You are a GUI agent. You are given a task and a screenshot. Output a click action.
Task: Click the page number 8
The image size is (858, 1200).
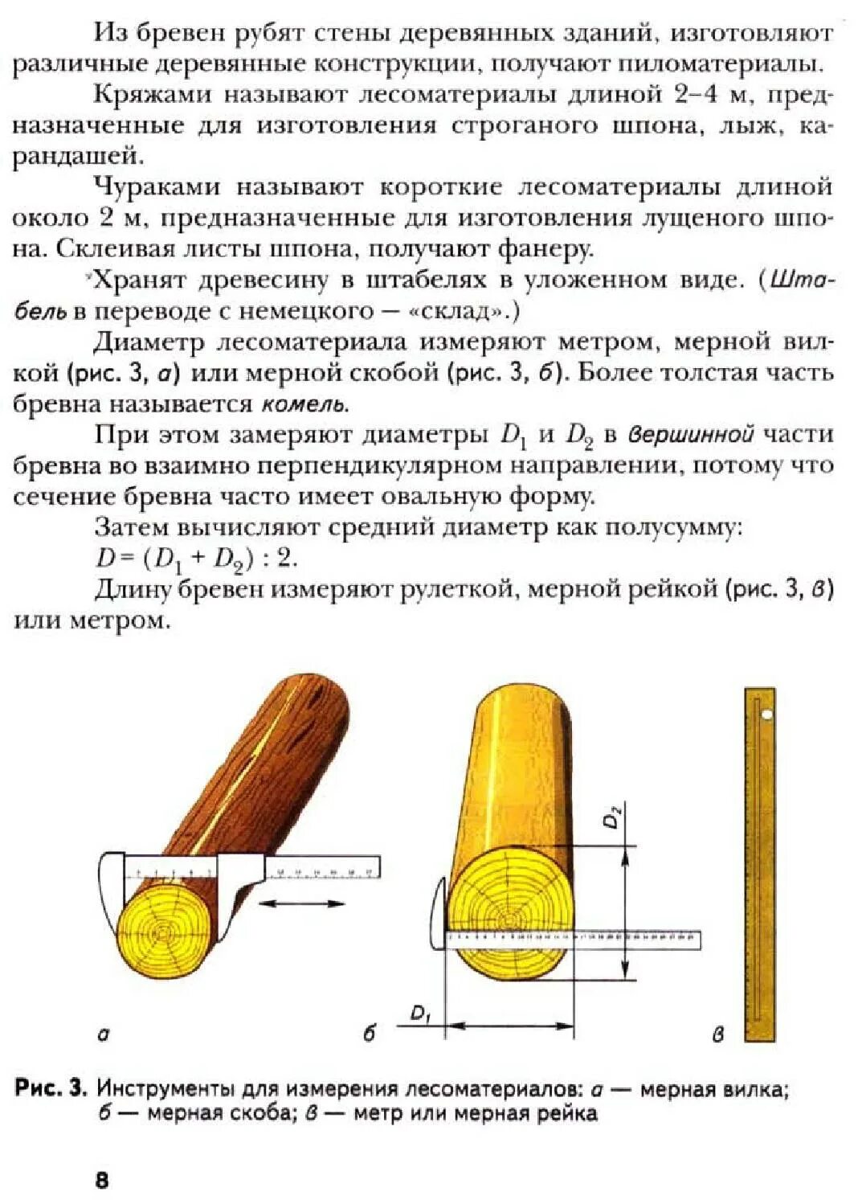pyautogui.click(x=102, y=1179)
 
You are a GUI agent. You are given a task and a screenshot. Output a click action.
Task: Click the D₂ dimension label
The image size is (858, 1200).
pyautogui.click(x=613, y=818)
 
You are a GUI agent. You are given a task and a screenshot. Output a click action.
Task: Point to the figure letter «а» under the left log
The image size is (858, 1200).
pyautogui.click(x=103, y=1035)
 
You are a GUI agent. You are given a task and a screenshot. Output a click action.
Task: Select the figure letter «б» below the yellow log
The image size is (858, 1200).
pyautogui.click(x=369, y=1034)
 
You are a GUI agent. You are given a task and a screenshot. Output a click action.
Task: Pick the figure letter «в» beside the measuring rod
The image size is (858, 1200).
pyautogui.click(x=718, y=1035)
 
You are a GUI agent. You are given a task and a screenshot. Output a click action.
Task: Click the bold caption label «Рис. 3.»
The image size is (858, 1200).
pyautogui.click(x=51, y=1089)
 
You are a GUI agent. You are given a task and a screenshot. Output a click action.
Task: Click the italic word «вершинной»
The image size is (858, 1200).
pyautogui.click(x=691, y=435)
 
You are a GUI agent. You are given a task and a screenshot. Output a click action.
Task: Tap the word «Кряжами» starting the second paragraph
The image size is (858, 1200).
pyautogui.click(x=153, y=95)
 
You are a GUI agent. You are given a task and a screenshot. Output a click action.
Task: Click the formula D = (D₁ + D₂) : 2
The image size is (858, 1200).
pyautogui.click(x=196, y=559)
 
